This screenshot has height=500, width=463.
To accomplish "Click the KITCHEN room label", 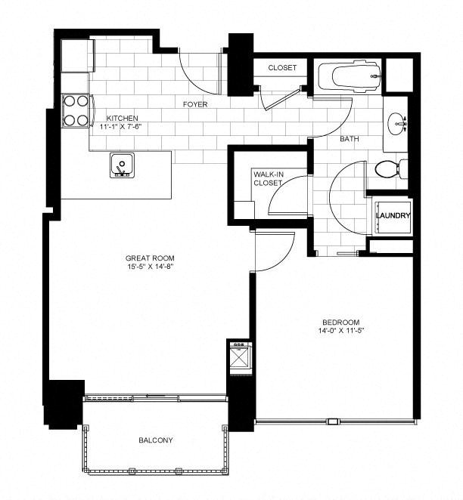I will click(x=122, y=119).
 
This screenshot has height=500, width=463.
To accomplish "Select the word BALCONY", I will click(x=157, y=440).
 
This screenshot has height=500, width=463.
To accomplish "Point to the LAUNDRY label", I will click(x=393, y=216).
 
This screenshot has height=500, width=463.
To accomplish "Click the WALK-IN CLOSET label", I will click(x=268, y=179).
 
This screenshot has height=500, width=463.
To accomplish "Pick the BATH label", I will click(x=349, y=139).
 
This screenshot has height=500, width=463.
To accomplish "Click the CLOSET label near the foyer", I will click(x=281, y=68).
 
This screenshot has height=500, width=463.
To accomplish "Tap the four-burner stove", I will click(x=75, y=110).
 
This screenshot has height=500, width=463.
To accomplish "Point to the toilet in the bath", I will click(x=387, y=169).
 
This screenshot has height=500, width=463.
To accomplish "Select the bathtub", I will click(x=347, y=76).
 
